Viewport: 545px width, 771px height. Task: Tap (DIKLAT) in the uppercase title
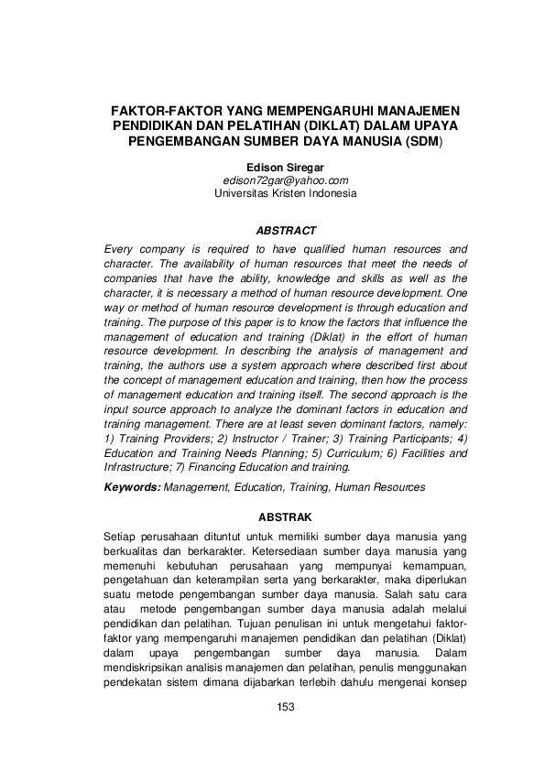tap(316, 125)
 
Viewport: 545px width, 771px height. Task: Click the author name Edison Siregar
tap(286, 168)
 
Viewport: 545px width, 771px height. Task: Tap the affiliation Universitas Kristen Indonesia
tap(286, 193)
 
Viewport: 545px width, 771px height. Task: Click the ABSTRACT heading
tap(286, 231)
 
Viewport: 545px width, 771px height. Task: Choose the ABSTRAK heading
tap(286, 517)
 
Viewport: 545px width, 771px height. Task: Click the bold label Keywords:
tap(133, 488)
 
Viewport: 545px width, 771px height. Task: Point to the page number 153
tap(286, 707)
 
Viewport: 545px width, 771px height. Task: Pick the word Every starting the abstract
tap(121, 249)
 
